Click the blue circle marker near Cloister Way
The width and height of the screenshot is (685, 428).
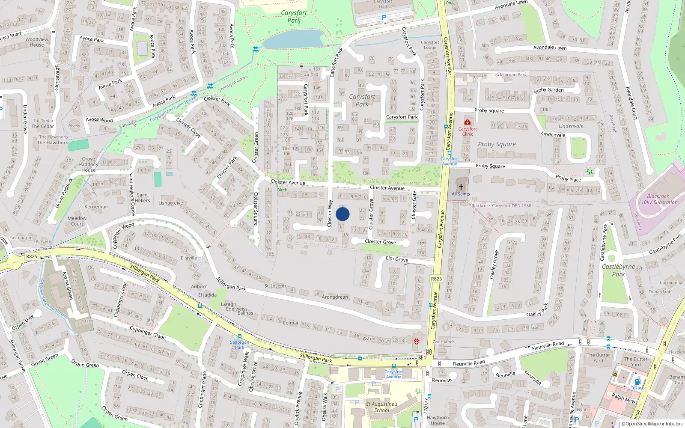coord(342,214)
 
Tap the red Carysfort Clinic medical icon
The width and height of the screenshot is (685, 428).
coord(467,122)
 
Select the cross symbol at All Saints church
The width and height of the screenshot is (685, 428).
coord(461,187)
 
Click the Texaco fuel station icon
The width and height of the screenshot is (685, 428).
coord(637,382)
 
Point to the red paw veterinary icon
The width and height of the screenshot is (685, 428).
coord(416,341)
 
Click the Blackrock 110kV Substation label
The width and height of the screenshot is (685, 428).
coord(658,199)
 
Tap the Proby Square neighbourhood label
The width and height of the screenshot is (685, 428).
coord(497,144)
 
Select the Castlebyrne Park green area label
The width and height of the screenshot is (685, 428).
coord(618,270)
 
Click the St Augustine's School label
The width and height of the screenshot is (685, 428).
coord(381,407)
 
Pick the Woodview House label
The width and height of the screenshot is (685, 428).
coord(37,42)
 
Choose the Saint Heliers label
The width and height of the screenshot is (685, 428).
coord(143,198)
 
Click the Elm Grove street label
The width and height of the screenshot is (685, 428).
coord(397,259)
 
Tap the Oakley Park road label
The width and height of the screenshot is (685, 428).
coord(537,312)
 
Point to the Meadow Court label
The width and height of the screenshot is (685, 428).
coord(77,221)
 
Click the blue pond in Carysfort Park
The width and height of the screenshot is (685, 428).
coord(293,39)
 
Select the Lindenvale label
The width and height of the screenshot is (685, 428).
coord(571,126)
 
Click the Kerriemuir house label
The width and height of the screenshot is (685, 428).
coord(96,207)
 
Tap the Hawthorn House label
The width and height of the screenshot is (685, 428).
coord(438,420)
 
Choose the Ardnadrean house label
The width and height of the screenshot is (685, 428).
coord(335,297)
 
